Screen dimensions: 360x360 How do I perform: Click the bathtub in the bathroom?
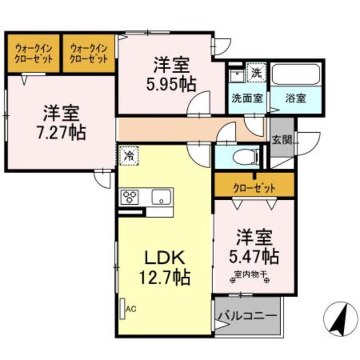[296, 74]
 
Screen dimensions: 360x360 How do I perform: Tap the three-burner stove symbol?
[130, 197]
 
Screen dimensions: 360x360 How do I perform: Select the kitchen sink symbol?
[162, 197]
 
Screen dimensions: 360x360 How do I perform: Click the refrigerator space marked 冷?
[128, 154]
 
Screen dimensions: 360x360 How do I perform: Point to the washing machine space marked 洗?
[256, 71]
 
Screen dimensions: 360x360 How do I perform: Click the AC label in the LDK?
[131, 308]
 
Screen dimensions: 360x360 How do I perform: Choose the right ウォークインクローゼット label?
[89, 53]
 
